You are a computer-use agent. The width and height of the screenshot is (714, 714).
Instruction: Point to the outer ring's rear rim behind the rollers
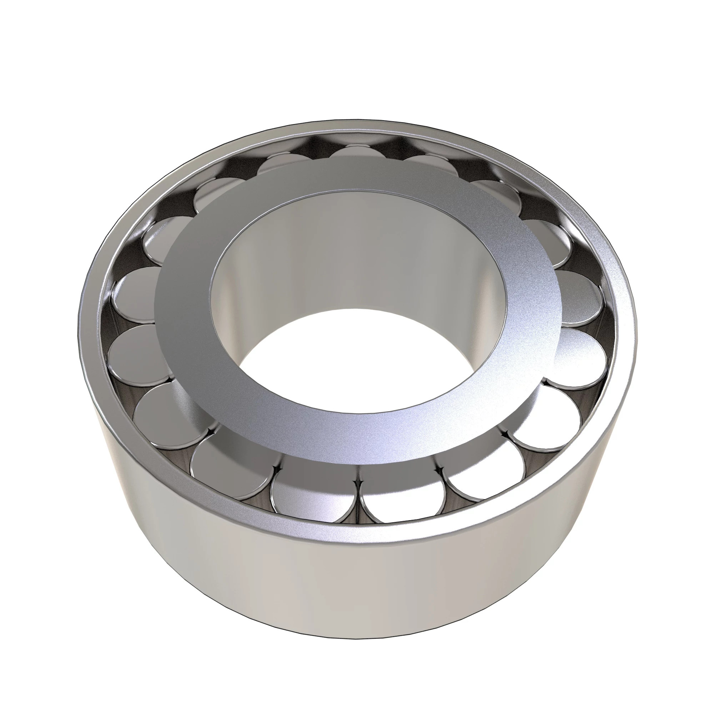tap(355, 127)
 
